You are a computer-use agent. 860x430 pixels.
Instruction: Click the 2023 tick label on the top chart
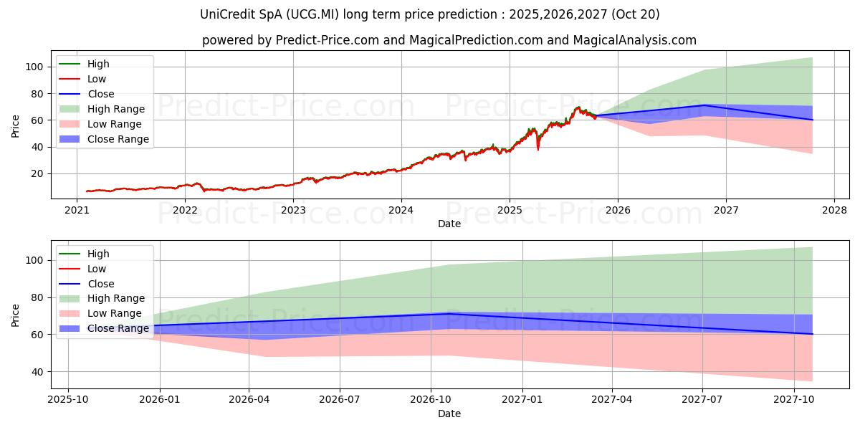click(x=293, y=210)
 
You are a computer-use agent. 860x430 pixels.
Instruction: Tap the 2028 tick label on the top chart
click(x=834, y=210)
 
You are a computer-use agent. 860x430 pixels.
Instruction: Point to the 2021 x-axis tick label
click(x=77, y=210)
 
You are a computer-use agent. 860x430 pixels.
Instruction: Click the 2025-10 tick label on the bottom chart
click(x=70, y=398)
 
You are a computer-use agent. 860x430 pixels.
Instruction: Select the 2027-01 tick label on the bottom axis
click(x=522, y=398)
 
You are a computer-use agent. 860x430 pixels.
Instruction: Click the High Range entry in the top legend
click(x=115, y=109)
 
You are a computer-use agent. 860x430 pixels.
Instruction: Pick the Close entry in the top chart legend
click(x=100, y=94)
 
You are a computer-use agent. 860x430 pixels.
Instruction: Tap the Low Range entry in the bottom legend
click(x=115, y=313)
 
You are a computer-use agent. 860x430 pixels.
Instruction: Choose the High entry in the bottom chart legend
click(x=98, y=254)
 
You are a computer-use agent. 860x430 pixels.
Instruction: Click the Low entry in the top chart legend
click(x=97, y=79)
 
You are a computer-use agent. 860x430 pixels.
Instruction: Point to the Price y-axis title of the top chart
click(x=16, y=126)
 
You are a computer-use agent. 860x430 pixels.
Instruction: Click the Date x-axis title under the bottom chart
click(x=449, y=414)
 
